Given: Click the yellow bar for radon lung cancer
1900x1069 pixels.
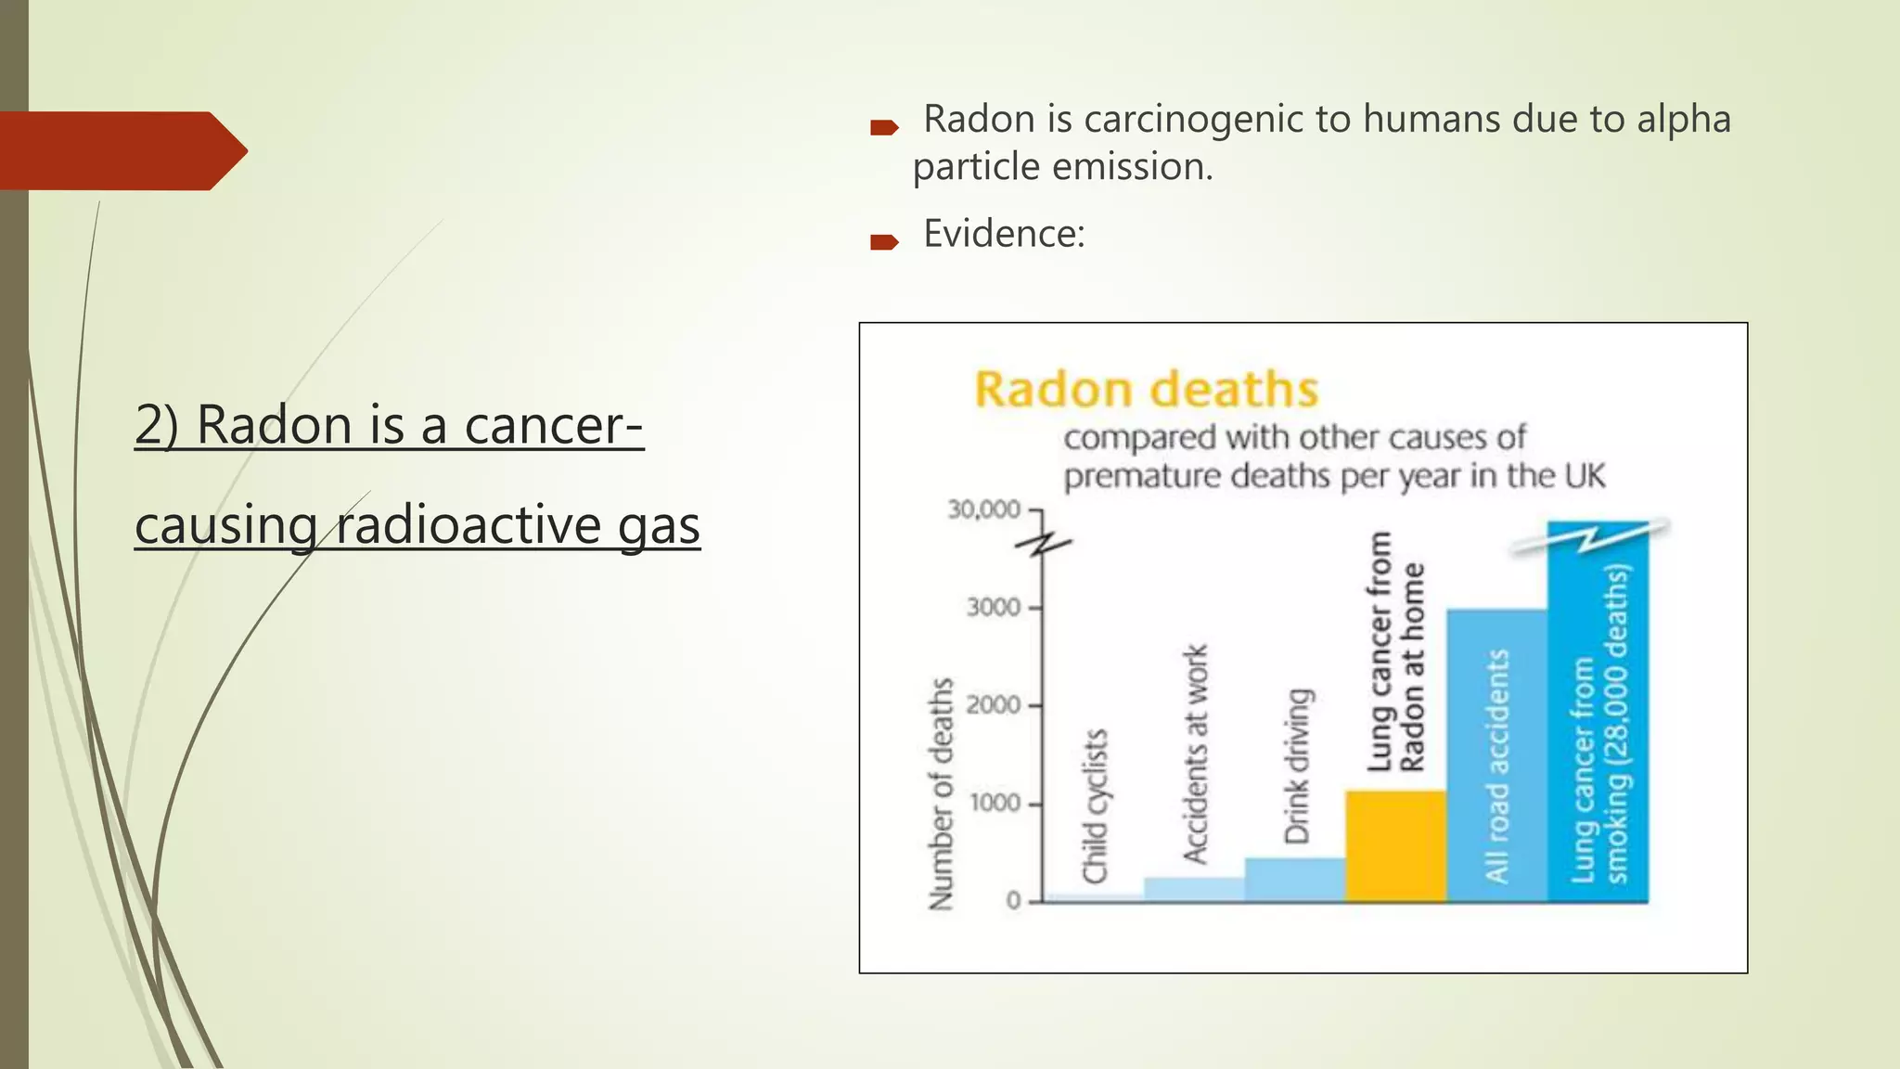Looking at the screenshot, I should click(x=1395, y=846).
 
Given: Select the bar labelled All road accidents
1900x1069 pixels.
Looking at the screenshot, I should click(x=1496, y=755).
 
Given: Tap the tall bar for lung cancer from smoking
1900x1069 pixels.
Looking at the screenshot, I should click(x=1598, y=715).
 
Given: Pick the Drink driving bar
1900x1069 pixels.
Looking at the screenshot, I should click(x=1294, y=879).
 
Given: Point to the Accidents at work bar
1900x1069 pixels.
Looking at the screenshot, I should click(x=1194, y=889).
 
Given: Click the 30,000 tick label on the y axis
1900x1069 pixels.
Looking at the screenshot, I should click(x=983, y=509).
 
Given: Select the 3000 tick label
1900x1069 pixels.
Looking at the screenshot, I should click(x=993, y=608).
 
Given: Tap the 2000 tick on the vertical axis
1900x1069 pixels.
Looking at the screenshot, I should click(x=993, y=705).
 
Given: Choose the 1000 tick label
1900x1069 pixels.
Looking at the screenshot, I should click(x=995, y=804).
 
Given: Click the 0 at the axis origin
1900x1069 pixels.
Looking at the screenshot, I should click(x=1013, y=901).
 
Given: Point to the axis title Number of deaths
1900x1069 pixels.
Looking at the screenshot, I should click(x=941, y=793).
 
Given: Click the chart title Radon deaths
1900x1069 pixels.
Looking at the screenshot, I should click(x=1146, y=390).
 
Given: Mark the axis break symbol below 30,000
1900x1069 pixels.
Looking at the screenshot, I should click(x=1043, y=546).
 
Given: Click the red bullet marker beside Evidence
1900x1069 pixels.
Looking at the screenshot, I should click(x=884, y=243).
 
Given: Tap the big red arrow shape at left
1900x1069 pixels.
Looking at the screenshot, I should click(x=121, y=151).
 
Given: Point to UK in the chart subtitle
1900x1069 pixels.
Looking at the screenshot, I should click(x=1584, y=476).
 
